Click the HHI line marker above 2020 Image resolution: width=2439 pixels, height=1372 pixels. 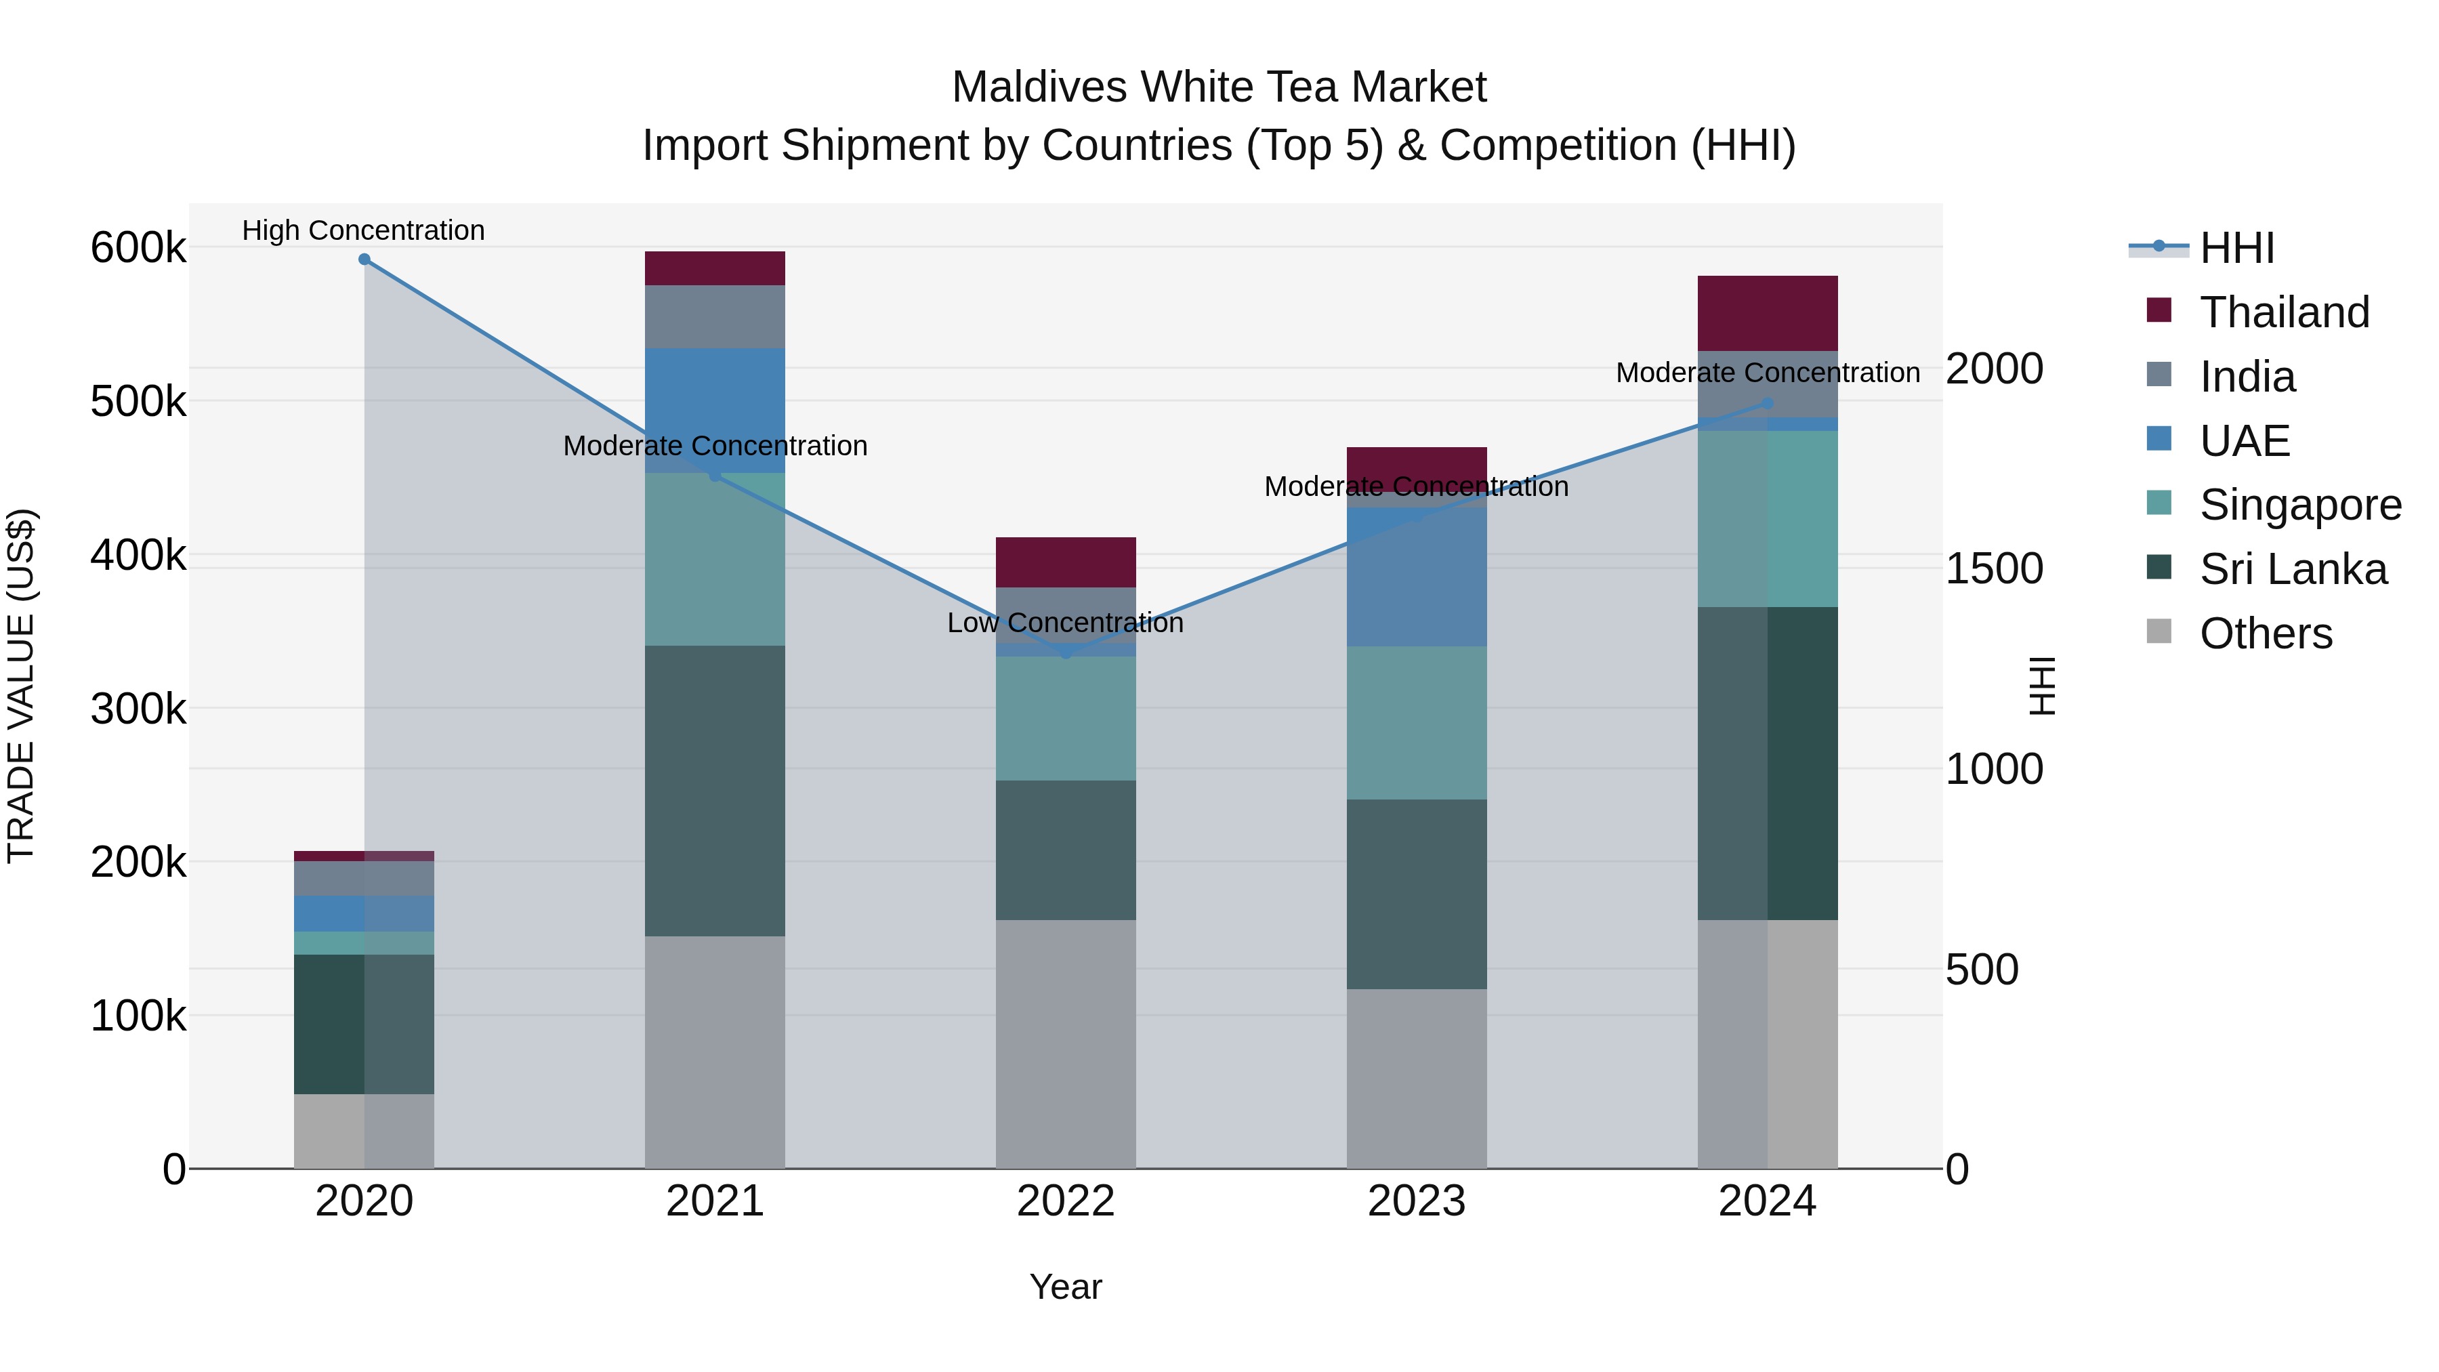(364, 259)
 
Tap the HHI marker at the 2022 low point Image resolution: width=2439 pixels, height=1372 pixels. (1066, 652)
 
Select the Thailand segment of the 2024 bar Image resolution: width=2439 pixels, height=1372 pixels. (1767, 314)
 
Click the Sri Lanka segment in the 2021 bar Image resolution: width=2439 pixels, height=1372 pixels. (715, 791)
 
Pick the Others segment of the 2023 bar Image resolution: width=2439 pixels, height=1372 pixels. (1417, 1079)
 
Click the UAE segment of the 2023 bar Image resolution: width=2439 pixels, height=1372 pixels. (1417, 577)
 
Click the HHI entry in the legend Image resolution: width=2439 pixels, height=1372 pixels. (2236, 248)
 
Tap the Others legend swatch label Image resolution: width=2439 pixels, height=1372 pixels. (2265, 633)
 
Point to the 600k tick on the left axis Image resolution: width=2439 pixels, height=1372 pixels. (138, 248)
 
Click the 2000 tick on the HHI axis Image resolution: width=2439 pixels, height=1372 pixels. (1994, 369)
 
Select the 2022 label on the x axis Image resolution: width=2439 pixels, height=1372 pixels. (1066, 1201)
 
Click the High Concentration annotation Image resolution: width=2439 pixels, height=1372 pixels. (364, 230)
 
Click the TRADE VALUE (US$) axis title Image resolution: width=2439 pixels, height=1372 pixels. (21, 686)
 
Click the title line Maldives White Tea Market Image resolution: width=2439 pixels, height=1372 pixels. (1219, 87)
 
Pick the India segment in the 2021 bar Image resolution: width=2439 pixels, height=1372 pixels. (715, 316)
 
